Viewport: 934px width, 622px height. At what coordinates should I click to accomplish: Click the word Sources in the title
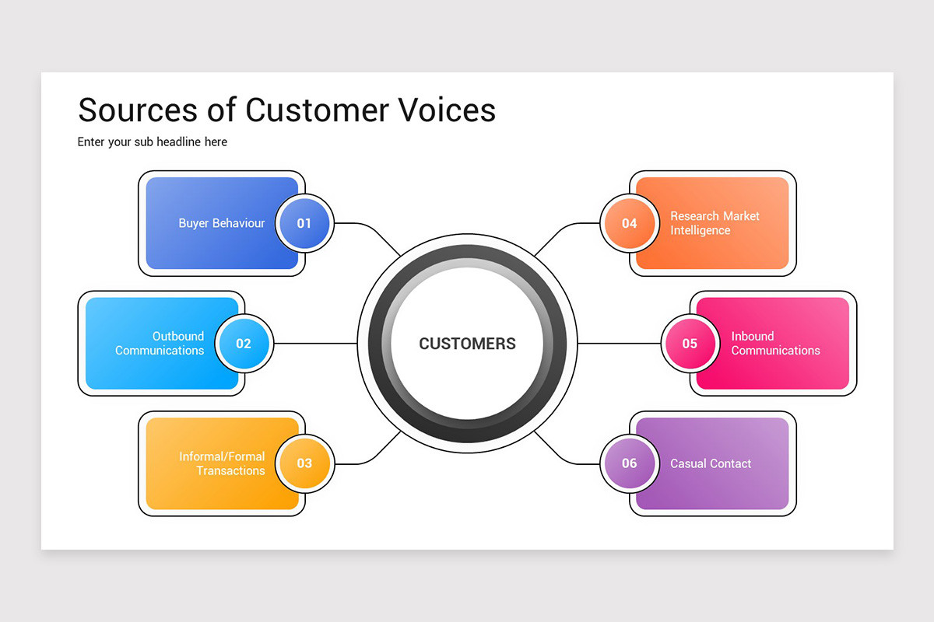[136, 110]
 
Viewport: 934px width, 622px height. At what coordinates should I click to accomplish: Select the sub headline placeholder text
[153, 142]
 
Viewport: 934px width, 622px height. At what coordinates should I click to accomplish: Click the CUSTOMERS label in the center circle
[467, 344]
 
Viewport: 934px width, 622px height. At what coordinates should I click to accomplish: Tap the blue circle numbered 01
[304, 223]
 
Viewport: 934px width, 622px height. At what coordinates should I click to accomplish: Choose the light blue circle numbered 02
[244, 344]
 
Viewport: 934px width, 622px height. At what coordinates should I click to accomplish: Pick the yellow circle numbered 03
[304, 463]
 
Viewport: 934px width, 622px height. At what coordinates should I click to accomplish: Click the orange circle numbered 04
[629, 223]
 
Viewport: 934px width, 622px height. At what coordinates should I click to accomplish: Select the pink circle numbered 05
[690, 344]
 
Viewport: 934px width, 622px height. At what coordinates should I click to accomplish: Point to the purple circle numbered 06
[629, 463]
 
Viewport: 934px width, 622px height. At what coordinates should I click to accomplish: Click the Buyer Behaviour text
[221, 223]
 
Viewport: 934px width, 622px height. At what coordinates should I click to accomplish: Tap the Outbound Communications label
[160, 344]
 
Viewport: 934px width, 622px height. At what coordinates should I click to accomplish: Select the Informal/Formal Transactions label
[222, 463]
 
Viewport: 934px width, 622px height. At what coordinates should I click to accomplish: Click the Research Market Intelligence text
[715, 223]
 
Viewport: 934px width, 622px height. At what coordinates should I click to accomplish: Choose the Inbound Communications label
[775, 344]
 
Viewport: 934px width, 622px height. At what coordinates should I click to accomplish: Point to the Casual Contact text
[711, 463]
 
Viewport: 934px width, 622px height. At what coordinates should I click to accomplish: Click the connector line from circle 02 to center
[315, 344]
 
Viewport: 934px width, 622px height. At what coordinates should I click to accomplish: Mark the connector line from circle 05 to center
[619, 344]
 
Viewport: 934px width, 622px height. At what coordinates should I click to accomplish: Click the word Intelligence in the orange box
[700, 231]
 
